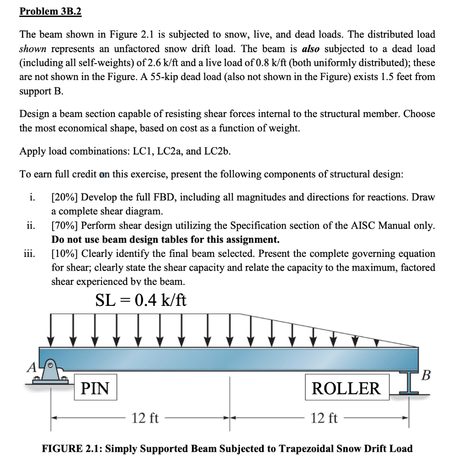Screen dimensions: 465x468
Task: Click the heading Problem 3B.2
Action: point(50,11)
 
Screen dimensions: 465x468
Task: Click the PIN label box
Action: point(95,388)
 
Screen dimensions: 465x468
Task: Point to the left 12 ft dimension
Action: point(145,417)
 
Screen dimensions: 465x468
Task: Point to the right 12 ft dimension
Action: point(324,417)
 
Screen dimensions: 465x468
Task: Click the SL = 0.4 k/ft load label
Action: point(141,300)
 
